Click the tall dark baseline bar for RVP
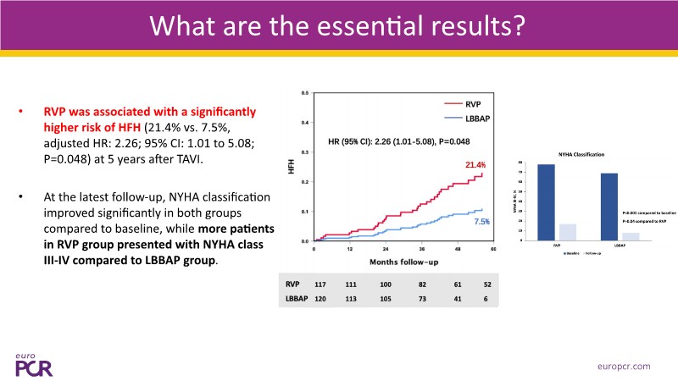547,199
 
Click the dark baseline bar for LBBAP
609,204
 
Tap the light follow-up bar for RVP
568,229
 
